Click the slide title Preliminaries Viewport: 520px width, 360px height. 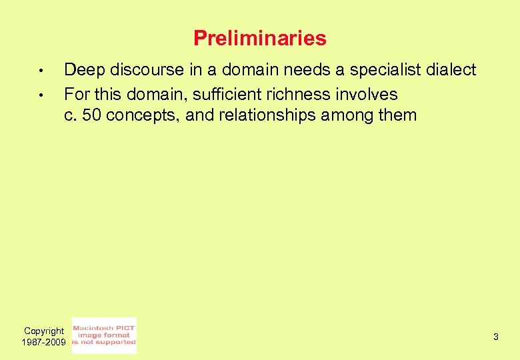click(260, 38)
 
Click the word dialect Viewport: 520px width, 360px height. click(453, 69)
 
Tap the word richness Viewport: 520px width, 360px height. click(297, 94)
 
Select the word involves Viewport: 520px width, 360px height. click(365, 94)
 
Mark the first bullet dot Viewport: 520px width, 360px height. click(41, 71)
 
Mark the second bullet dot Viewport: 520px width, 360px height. click(41, 95)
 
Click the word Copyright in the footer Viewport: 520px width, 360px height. click(44, 331)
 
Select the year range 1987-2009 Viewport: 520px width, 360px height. click(44, 342)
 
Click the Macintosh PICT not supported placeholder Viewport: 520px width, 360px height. click(104, 335)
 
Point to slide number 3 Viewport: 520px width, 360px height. click(496, 337)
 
